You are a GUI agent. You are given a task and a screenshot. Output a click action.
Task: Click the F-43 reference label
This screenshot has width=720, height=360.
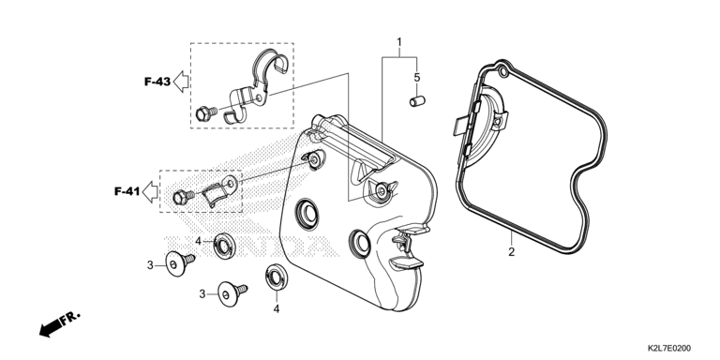point(157,82)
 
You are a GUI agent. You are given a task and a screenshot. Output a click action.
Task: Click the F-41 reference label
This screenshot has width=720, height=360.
point(127,191)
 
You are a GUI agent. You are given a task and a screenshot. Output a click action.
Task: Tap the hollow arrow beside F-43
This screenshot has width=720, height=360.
point(181,82)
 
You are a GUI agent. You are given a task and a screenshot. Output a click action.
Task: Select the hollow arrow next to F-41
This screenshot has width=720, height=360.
point(150,191)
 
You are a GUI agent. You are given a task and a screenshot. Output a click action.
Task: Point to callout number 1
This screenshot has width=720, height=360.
point(399,43)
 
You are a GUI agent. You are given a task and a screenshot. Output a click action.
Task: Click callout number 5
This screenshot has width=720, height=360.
point(417,78)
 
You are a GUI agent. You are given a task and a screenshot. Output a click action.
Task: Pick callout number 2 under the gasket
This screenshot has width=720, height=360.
point(511,251)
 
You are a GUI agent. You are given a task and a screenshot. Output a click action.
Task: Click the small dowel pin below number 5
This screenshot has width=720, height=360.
point(417,101)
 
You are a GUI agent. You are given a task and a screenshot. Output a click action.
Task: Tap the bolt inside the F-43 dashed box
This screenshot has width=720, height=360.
point(206,112)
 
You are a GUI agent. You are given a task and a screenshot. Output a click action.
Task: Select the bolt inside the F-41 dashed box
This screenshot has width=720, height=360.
point(184,198)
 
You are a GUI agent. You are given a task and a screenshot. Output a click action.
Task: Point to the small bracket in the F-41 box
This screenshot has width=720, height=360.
point(220,189)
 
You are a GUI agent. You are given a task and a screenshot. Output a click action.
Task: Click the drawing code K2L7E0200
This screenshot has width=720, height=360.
point(669,349)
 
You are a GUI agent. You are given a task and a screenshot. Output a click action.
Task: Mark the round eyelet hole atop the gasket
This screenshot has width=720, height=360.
point(502,72)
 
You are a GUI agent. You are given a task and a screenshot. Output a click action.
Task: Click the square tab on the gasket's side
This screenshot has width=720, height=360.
point(459,125)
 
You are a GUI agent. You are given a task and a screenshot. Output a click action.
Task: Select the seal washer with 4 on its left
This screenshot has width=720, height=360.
point(225,246)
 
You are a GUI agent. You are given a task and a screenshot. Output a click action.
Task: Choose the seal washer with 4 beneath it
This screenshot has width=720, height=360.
point(277,277)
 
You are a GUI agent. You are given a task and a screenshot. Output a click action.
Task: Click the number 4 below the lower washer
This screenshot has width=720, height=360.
point(277,309)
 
